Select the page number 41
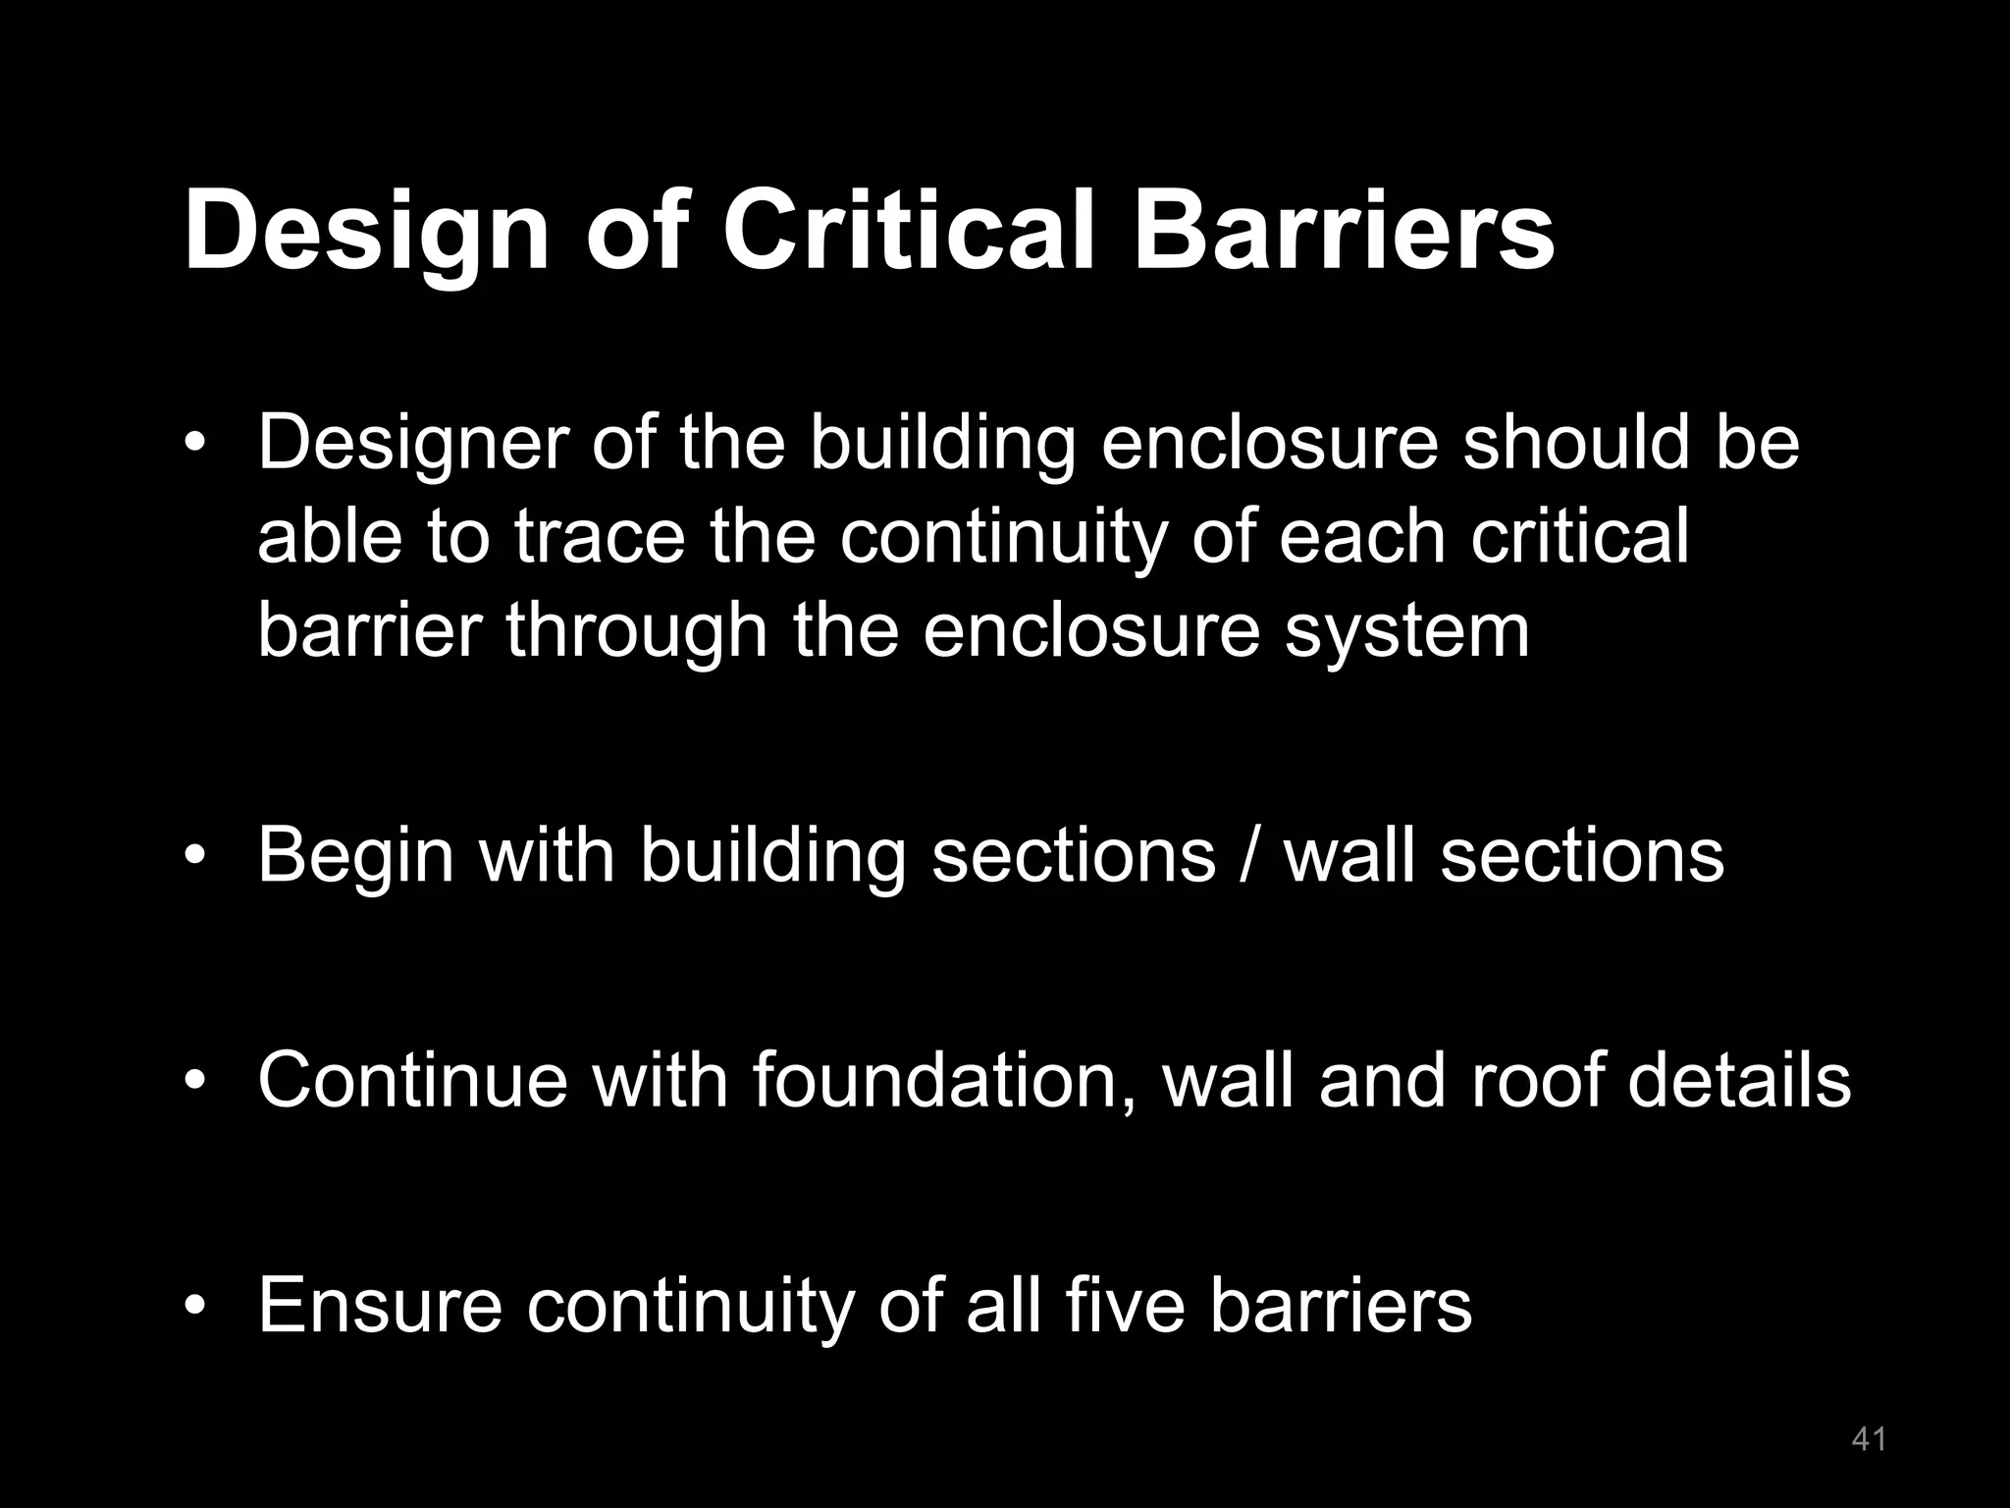pyautogui.click(x=1869, y=1439)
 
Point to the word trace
pyautogui.click(x=599, y=537)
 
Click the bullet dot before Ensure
pyautogui.click(x=196, y=1306)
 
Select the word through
pyautogui.click(x=636, y=632)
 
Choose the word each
pyautogui.click(x=1362, y=537)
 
